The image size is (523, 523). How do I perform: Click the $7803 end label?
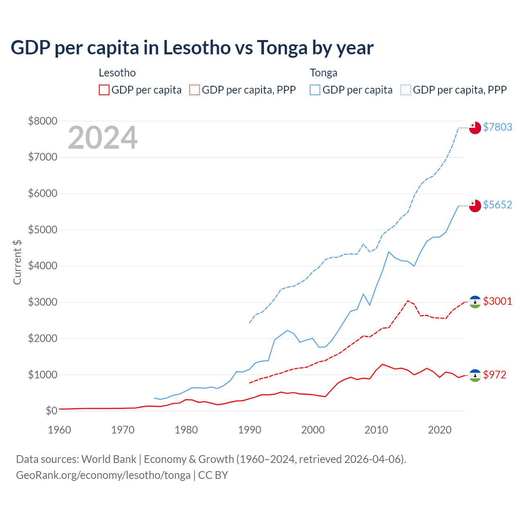(x=497, y=127)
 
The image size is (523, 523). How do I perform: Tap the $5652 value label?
(x=497, y=205)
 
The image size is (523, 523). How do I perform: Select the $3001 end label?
(x=497, y=301)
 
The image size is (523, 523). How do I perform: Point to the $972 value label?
(x=494, y=375)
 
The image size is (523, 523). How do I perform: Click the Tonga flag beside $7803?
(x=475, y=128)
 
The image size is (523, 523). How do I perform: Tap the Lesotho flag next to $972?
(x=475, y=375)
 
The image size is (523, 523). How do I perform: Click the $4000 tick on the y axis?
(x=42, y=266)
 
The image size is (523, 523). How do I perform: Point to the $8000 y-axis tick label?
(x=42, y=121)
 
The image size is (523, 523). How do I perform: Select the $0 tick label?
(x=51, y=411)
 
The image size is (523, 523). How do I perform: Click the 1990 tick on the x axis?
(x=250, y=430)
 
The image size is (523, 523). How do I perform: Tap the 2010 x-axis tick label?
(x=376, y=430)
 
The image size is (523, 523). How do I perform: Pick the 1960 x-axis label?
(x=60, y=430)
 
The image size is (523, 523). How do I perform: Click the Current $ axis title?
(x=17, y=262)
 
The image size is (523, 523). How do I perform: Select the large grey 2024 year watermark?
(x=103, y=138)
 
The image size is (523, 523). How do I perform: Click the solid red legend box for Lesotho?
(x=104, y=90)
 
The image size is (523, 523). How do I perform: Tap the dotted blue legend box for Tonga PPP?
(x=406, y=90)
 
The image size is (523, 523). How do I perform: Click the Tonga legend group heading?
(x=324, y=73)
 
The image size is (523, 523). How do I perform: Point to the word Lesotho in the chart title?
(x=197, y=47)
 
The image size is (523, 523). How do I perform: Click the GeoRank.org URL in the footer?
(x=103, y=475)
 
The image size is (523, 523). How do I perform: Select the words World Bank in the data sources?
(x=109, y=459)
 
